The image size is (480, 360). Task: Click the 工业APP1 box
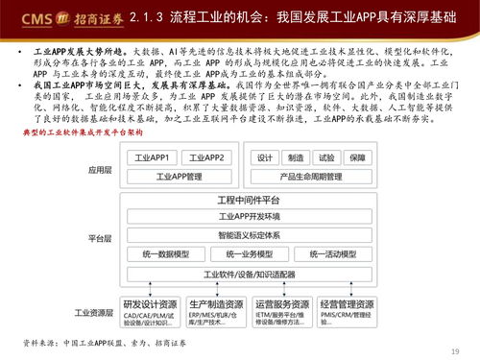(155, 158)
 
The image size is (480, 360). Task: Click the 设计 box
(266, 158)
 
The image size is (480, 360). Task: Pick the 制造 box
(296, 158)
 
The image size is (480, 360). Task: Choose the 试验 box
(326, 158)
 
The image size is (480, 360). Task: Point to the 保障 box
(357, 158)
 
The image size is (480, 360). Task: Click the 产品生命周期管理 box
(311, 177)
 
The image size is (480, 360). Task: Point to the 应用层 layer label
(101, 167)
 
